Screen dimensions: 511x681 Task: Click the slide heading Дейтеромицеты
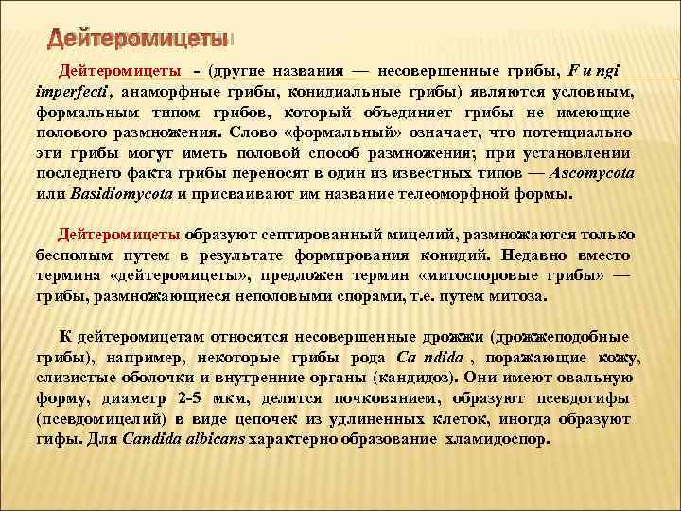point(137,39)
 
